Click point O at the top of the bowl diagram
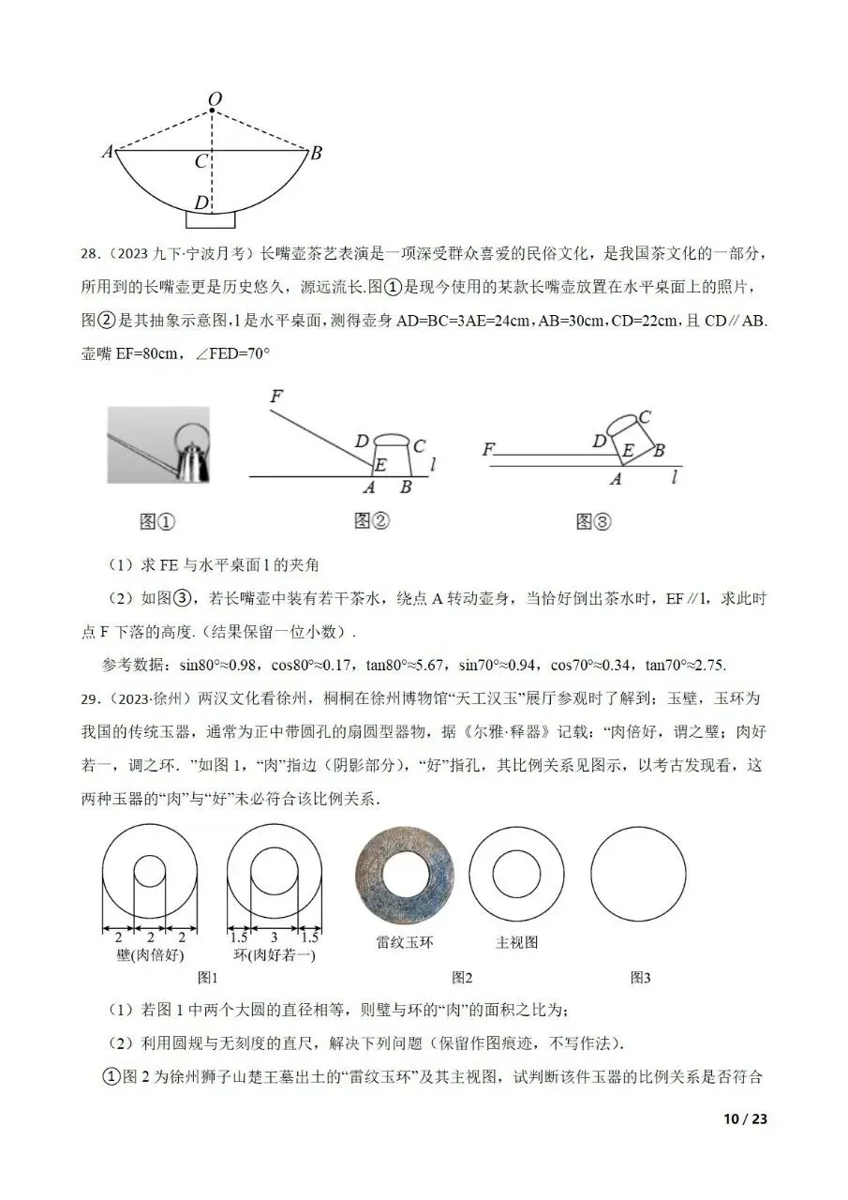click(214, 99)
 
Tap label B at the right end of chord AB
click(316, 154)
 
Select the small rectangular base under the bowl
click(211, 219)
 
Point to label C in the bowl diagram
click(201, 162)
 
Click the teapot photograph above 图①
click(158, 444)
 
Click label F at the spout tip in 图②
click(275, 397)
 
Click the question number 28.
click(90, 255)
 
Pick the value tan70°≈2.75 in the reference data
click(687, 665)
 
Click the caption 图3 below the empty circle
click(640, 978)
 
